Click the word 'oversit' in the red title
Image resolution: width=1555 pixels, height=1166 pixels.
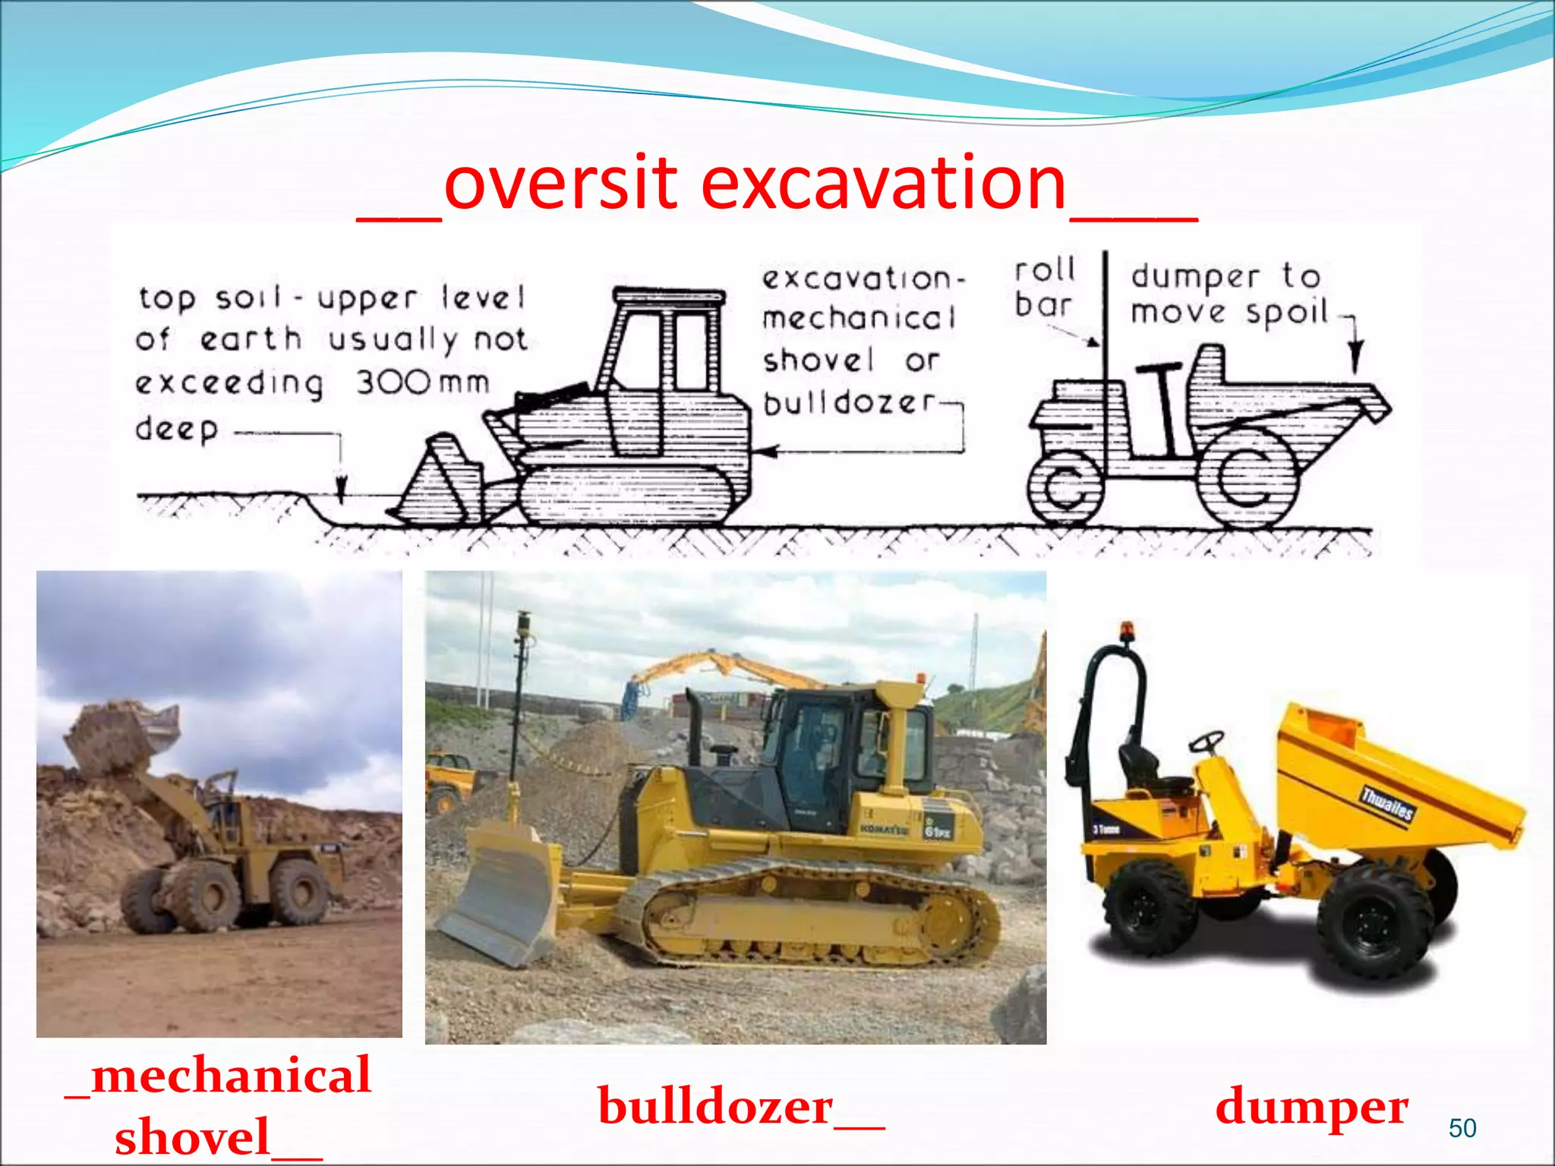(560, 184)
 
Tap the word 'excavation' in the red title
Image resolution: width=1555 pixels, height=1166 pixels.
(884, 184)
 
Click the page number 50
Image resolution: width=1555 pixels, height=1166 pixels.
(1462, 1128)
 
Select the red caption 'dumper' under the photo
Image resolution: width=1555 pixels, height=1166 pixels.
(1311, 1107)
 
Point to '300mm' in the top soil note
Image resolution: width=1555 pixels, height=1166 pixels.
(423, 382)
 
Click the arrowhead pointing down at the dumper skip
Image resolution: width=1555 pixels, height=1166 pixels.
(1355, 357)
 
